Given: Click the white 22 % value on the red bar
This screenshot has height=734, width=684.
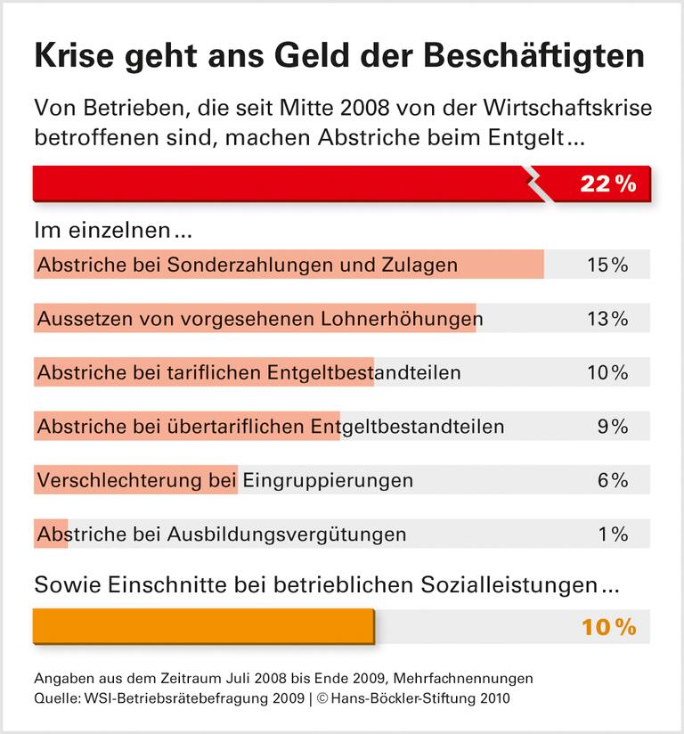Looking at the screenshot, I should [607, 184].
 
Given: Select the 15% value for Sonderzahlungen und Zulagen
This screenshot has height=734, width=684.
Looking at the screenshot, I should [607, 265].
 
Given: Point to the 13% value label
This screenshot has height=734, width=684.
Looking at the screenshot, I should [607, 318].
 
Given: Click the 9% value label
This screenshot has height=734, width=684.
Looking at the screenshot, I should [613, 427].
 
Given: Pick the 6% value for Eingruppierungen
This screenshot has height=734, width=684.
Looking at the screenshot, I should [613, 480].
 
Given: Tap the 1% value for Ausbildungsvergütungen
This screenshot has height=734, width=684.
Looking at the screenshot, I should [613, 534].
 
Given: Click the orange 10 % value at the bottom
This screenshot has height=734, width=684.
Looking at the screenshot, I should [608, 627].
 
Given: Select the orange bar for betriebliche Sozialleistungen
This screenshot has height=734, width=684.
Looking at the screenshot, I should [203, 626].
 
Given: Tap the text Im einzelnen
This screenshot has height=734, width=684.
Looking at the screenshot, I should [112, 231].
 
